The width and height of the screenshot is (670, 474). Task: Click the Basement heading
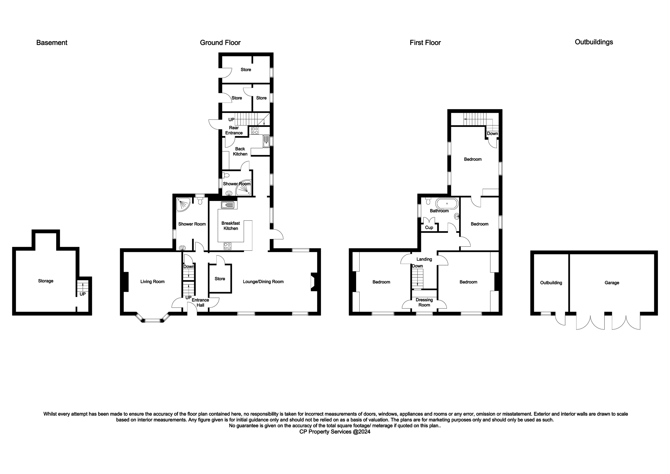tap(52, 43)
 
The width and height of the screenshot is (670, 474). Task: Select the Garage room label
tap(612, 283)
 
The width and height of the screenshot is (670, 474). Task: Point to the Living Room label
tap(152, 282)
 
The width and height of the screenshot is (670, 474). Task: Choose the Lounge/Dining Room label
tap(263, 282)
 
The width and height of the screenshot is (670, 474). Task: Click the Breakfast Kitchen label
tap(230, 226)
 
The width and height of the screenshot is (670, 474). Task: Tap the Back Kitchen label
tap(240, 151)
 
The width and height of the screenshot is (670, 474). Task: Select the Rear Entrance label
tap(234, 130)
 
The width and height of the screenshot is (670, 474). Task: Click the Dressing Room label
tap(424, 302)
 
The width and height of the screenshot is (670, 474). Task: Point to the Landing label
tap(424, 259)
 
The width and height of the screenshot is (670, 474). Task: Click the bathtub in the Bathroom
tap(447, 203)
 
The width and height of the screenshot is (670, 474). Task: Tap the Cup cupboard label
tap(429, 227)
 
